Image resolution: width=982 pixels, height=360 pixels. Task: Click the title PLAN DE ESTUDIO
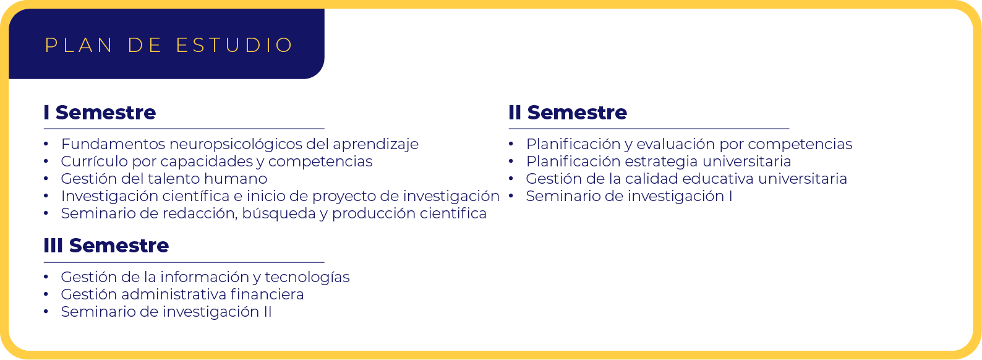point(169,45)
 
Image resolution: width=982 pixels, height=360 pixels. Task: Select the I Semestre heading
point(100,113)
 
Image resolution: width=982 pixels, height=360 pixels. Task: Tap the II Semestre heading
point(568,113)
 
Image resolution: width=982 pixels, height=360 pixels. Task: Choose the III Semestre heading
point(106,246)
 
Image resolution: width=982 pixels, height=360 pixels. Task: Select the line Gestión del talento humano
point(164,179)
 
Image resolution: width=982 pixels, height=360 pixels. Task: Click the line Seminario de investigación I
point(629,197)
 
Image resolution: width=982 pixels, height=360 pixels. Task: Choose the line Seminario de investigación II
point(166,312)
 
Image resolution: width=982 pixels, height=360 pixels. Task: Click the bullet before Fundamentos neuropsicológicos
point(46,144)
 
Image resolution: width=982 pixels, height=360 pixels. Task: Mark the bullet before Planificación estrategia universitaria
point(511,161)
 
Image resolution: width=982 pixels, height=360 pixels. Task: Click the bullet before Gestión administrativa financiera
point(46,294)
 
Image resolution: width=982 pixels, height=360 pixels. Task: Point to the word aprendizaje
point(376,144)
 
